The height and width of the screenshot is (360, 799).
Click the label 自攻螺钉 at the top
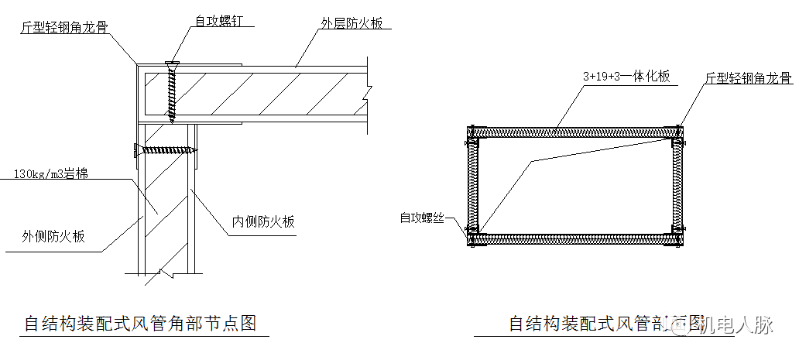218,22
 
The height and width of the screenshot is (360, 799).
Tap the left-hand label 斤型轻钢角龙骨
63,27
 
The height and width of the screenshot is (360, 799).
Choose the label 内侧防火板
264,222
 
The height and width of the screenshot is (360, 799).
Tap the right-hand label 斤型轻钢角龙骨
748,78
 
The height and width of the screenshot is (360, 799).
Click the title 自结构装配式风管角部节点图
140,323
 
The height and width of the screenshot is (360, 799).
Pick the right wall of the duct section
680,186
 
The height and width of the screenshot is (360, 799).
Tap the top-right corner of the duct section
679,132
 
